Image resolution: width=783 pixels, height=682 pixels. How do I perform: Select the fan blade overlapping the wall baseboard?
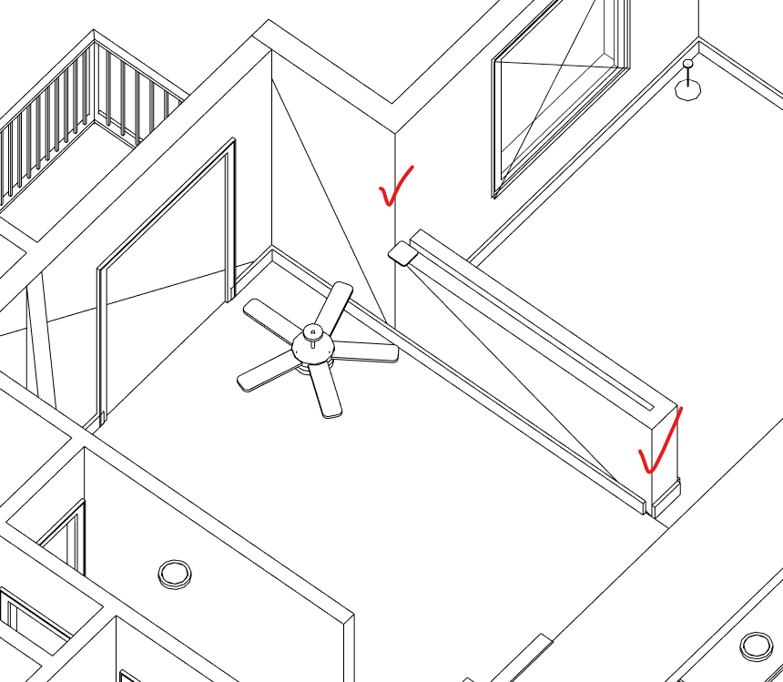click(336, 304)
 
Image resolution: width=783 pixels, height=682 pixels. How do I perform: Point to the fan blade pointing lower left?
click(265, 372)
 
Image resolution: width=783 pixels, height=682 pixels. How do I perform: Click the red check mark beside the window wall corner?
click(395, 187)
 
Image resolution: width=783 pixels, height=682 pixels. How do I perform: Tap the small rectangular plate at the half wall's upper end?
click(402, 253)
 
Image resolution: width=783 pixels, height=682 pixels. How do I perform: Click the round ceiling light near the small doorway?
click(174, 573)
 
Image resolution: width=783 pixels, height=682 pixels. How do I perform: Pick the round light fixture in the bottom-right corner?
click(756, 646)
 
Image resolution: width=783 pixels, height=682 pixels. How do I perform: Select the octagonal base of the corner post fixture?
click(687, 89)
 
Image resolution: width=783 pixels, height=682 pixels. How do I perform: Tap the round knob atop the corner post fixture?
click(688, 65)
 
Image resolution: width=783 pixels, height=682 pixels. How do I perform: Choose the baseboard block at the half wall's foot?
click(667, 494)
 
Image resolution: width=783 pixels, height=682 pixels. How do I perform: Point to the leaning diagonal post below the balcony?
click(40, 346)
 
